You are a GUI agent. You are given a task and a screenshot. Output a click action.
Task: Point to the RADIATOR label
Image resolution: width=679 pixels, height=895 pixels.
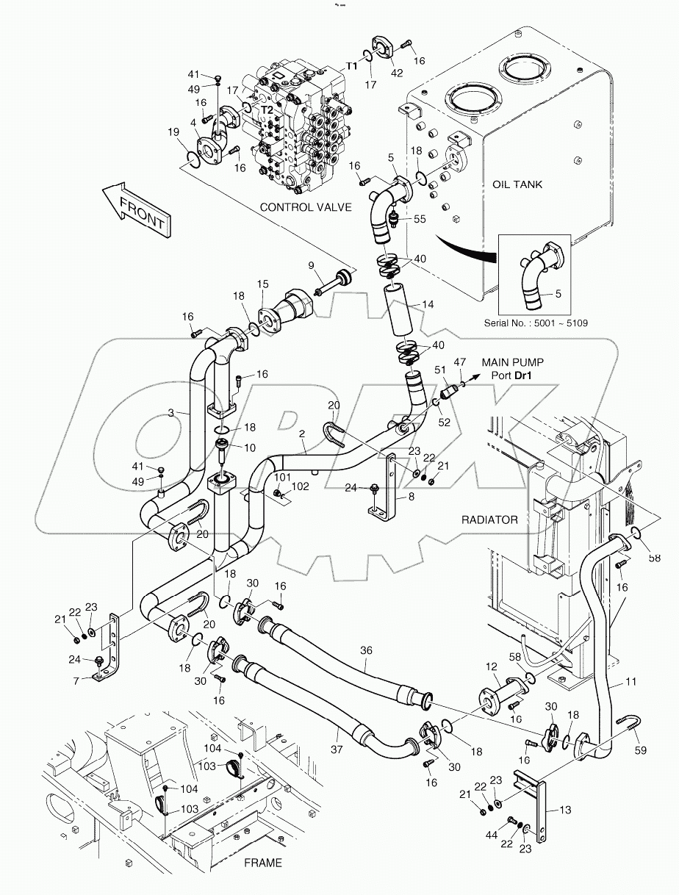tap(489, 520)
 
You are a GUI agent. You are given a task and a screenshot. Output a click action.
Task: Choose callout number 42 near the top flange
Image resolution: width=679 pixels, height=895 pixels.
tap(397, 72)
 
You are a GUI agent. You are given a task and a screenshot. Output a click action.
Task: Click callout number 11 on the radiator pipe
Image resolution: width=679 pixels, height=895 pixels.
tap(630, 682)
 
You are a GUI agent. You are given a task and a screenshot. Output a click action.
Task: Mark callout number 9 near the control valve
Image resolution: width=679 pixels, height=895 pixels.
tap(311, 265)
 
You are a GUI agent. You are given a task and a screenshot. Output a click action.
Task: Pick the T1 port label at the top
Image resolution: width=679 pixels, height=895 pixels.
tap(352, 65)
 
